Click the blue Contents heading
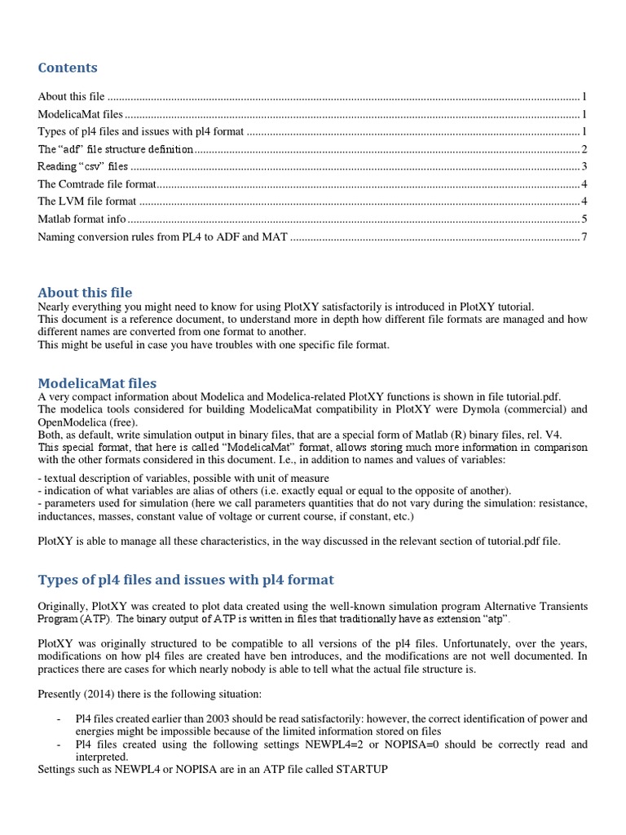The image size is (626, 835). (68, 68)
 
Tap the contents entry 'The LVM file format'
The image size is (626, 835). (87, 201)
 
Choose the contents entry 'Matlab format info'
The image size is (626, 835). (82, 219)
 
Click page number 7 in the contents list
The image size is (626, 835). (584, 236)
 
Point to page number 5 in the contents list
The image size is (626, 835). (584, 219)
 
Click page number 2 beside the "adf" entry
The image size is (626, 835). (584, 149)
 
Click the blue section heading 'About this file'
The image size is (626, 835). (85, 293)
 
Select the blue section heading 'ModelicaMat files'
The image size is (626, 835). (97, 383)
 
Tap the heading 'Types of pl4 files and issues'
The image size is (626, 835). (186, 580)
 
